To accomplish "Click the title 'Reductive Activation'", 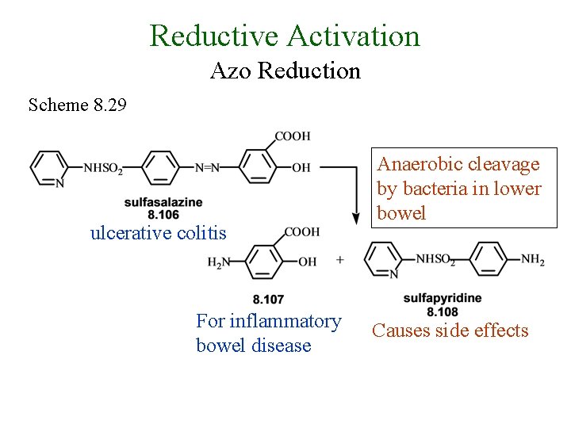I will [x=285, y=36].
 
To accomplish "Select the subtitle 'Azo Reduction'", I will [x=285, y=71].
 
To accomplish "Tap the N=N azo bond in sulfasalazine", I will [x=208, y=167].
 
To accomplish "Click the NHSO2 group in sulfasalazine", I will [x=103, y=167].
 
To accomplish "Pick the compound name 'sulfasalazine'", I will [x=163, y=203].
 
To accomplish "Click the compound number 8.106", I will [x=163, y=214].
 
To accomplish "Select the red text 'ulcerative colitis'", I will [x=158, y=233].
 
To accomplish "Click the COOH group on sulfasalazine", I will [x=293, y=136].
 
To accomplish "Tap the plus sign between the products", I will [x=340, y=259].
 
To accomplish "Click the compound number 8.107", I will [x=268, y=299].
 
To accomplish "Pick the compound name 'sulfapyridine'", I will [x=442, y=298].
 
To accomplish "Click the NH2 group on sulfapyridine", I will [x=532, y=259].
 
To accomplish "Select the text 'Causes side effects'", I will [x=450, y=331].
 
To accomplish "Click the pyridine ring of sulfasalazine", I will [x=48, y=168].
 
